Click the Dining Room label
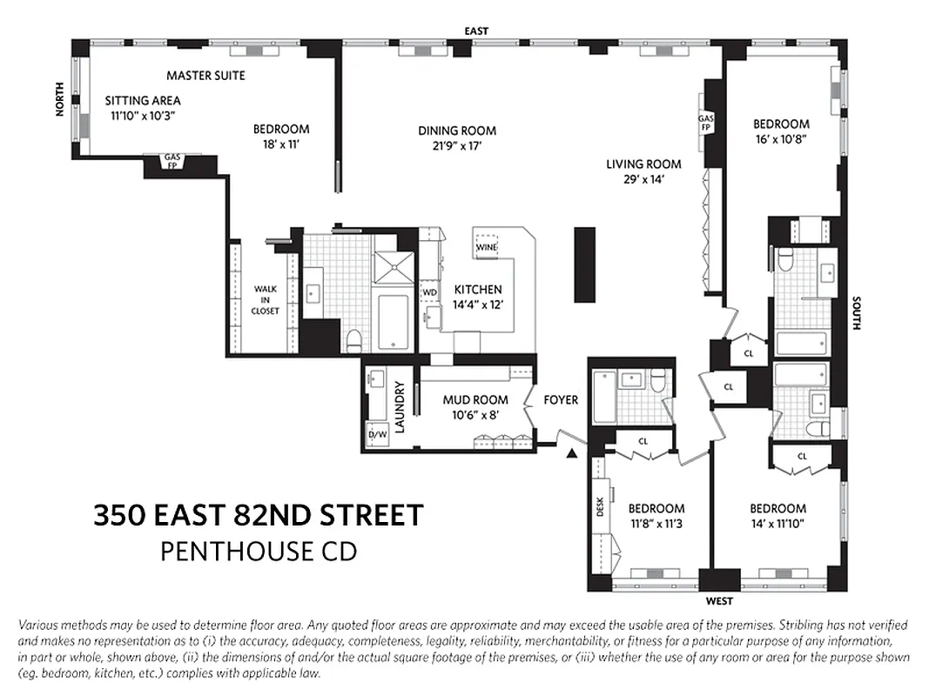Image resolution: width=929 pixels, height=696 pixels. (x=457, y=130)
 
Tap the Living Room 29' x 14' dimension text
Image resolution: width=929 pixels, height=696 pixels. (x=643, y=180)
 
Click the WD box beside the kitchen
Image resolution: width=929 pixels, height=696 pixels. (x=429, y=291)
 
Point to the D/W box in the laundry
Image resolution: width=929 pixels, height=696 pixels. (x=377, y=434)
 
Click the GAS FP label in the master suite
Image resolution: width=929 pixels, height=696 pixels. (x=172, y=162)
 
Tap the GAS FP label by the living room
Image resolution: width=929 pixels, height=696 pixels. (x=705, y=123)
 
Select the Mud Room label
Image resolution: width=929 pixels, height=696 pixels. (x=475, y=400)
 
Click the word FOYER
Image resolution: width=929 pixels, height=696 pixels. (x=561, y=400)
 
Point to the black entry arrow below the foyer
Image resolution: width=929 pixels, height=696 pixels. (x=571, y=453)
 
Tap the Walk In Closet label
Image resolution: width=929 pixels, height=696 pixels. (x=266, y=299)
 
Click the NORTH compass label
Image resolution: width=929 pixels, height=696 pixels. (x=59, y=97)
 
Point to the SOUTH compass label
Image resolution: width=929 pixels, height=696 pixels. (x=857, y=314)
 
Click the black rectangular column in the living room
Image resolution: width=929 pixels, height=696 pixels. (x=584, y=264)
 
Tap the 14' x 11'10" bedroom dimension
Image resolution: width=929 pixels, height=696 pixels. (x=778, y=523)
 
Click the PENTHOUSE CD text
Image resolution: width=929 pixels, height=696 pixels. (x=259, y=552)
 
